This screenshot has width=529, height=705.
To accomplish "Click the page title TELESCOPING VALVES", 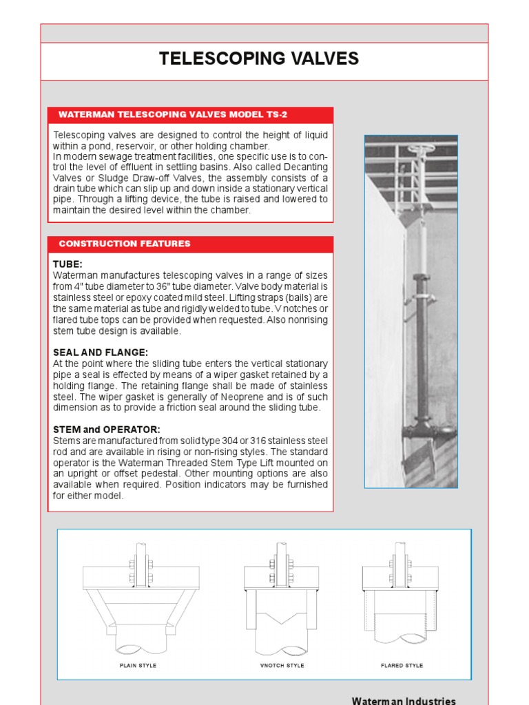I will click(259, 59).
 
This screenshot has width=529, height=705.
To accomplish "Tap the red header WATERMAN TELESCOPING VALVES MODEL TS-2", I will click(173, 114).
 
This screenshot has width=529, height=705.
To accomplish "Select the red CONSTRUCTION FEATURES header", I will click(125, 244).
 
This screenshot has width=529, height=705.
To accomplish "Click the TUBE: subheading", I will click(68, 264).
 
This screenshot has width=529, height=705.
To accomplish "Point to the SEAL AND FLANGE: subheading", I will click(101, 352).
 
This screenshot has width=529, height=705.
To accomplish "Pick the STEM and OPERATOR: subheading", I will click(106, 430).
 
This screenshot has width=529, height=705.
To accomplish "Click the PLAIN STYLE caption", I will click(138, 666).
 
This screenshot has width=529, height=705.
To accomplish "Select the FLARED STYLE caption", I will click(402, 666).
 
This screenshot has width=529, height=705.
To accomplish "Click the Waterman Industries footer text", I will click(404, 701).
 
